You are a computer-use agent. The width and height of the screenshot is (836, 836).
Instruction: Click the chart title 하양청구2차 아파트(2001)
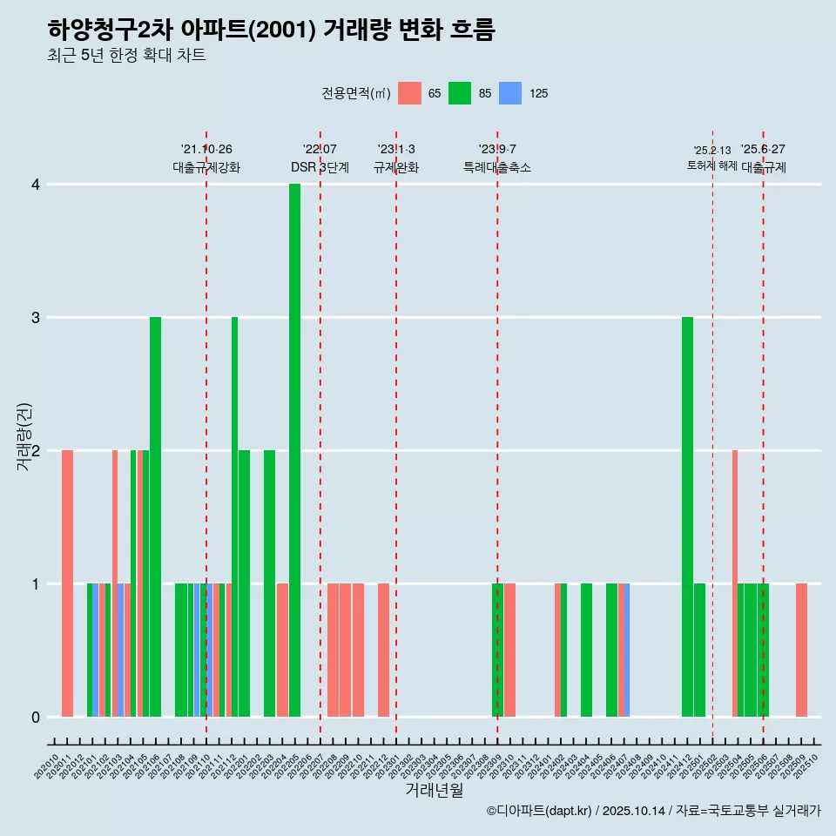(x=271, y=30)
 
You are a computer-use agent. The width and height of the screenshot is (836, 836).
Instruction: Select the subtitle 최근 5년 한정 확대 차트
(x=126, y=57)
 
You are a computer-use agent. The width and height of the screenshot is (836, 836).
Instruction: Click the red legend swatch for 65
(x=409, y=93)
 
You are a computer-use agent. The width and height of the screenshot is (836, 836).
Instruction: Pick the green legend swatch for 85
(x=460, y=93)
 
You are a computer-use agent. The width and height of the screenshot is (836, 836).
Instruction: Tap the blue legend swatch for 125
(x=510, y=93)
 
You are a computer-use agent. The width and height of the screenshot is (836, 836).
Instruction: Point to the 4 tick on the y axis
(x=36, y=185)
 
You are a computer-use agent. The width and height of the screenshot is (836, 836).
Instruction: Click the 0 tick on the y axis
(x=36, y=718)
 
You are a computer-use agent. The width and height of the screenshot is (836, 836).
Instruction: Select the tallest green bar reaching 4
(x=295, y=450)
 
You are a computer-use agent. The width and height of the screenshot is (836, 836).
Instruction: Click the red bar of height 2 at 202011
(x=67, y=583)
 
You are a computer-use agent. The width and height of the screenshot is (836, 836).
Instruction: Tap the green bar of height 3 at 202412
(x=688, y=516)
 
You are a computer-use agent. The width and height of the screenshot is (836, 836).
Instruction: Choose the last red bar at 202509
(x=801, y=650)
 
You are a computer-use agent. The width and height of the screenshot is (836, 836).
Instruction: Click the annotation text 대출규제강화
(x=206, y=168)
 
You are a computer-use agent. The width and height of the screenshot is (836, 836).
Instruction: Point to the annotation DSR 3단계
(x=320, y=168)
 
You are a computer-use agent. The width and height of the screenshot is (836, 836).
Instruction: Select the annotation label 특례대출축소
(x=497, y=168)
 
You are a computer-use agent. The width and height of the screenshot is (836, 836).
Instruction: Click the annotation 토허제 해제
(x=711, y=165)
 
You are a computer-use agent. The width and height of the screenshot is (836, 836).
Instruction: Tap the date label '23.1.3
(x=396, y=150)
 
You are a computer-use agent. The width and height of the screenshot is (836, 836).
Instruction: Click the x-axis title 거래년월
(x=434, y=791)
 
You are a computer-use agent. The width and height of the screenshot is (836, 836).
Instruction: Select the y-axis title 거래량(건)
(x=24, y=435)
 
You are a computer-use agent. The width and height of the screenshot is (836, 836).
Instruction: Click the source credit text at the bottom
(x=653, y=812)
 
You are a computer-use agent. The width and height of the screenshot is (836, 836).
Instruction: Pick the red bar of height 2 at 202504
(x=735, y=583)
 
